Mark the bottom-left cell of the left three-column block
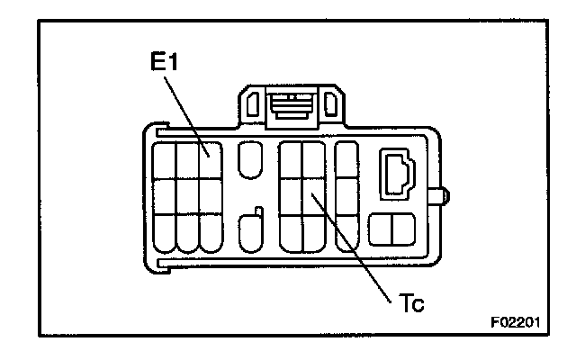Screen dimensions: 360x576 [165, 234]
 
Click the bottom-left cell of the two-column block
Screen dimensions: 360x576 [290, 235]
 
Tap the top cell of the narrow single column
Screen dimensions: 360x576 [346, 160]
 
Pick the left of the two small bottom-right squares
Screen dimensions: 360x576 [383, 230]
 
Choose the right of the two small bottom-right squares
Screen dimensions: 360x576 [403, 230]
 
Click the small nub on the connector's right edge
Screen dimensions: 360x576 [444, 194]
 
